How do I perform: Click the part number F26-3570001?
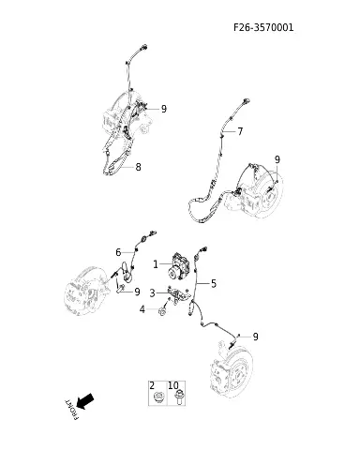[263, 27]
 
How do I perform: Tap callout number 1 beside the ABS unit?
[156, 264]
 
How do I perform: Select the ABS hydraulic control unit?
[178, 266]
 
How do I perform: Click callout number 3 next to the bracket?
[152, 293]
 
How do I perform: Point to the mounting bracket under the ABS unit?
[178, 294]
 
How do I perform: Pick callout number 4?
[142, 309]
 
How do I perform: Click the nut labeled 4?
[162, 311]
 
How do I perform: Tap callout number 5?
[214, 284]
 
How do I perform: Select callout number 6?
[118, 252]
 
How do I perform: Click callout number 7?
[240, 131]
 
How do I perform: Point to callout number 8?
[138, 167]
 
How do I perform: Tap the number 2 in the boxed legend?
[152, 385]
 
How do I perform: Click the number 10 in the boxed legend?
[173, 385]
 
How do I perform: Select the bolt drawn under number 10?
[179, 397]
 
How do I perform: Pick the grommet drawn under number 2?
[159, 397]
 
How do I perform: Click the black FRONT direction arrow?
[85, 401]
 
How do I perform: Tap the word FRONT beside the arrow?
[71, 409]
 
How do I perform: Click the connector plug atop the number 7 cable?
[247, 101]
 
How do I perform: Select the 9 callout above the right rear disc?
[277, 159]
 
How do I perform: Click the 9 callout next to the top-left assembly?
[164, 109]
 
